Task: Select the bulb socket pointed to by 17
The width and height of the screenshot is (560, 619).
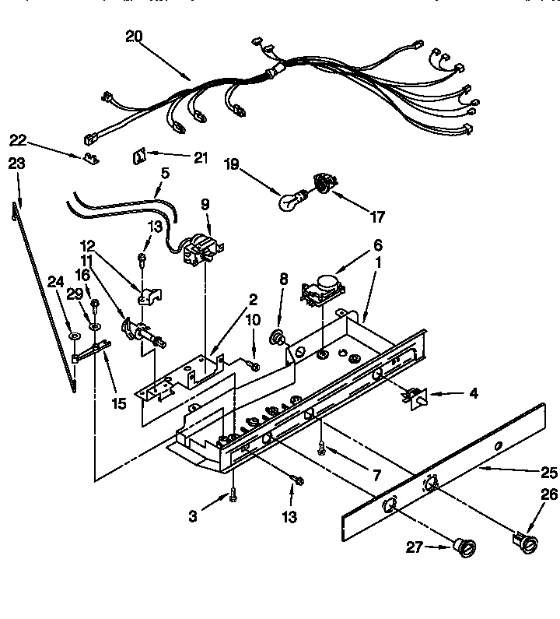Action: (320, 184)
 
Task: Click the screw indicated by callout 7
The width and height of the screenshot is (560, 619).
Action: (321, 447)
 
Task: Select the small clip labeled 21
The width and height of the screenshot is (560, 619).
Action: (138, 156)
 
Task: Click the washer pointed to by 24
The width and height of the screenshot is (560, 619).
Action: (74, 336)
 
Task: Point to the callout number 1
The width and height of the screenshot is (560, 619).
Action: (379, 264)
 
